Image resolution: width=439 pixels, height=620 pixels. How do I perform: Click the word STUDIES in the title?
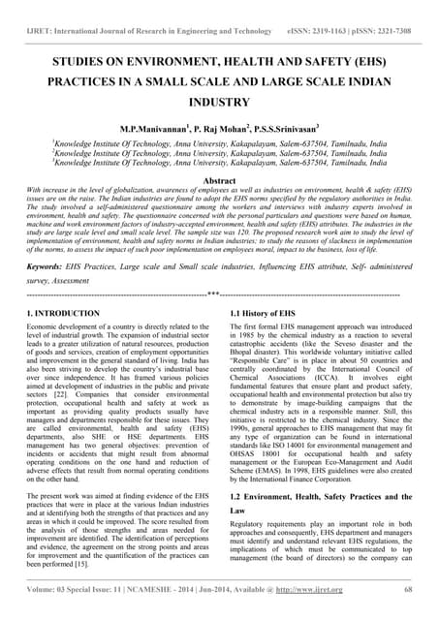[84, 60]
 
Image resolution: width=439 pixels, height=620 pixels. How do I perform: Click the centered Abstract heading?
[219, 180]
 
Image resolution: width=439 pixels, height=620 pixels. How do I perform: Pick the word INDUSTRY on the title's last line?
[219, 100]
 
